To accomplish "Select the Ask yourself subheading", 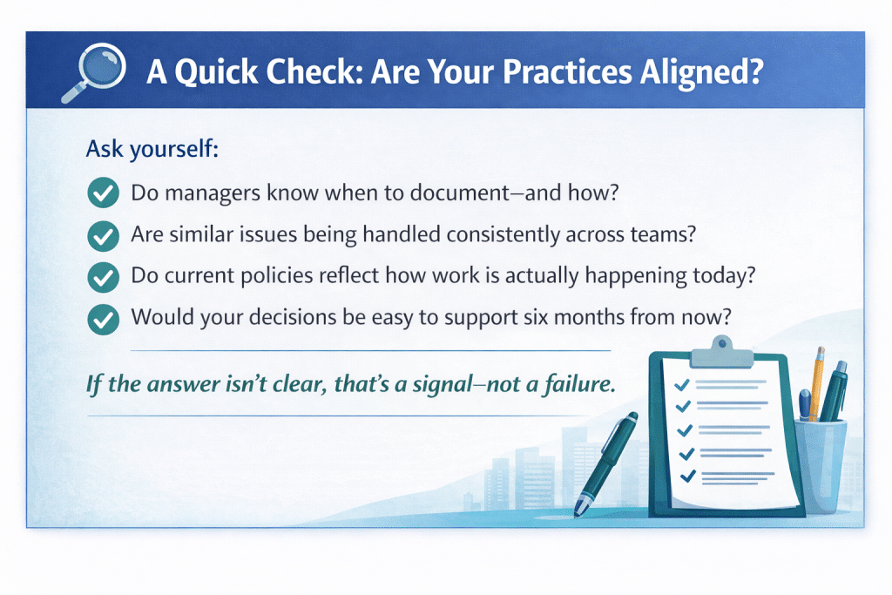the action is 152,149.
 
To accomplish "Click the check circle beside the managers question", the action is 104,193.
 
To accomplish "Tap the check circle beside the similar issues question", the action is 104,235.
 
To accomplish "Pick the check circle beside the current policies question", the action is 104,277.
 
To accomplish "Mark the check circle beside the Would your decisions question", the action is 104,319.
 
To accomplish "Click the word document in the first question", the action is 460,193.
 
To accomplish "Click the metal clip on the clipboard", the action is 721,352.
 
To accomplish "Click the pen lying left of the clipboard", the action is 605,464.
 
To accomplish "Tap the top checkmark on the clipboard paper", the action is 682,385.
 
